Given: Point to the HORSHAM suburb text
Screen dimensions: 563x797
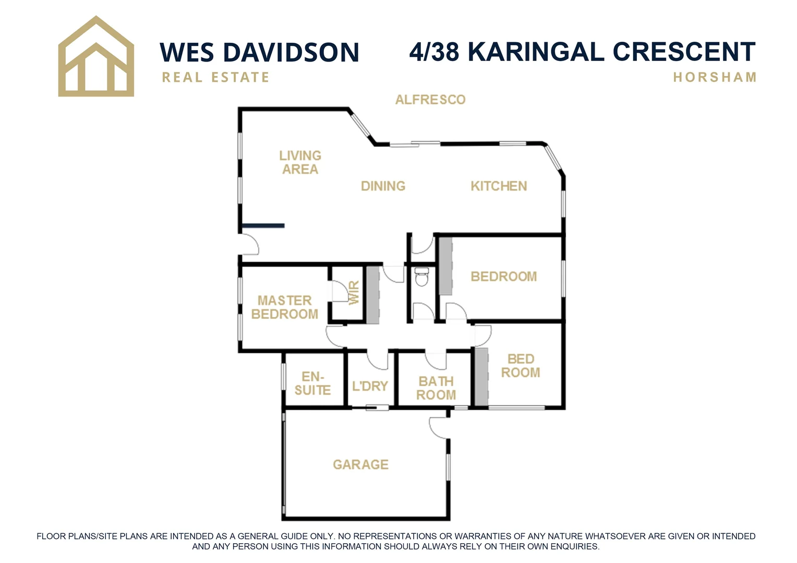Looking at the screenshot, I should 715,78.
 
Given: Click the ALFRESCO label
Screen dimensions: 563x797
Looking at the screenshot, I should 430,100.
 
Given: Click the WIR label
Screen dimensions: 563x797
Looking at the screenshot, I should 354,293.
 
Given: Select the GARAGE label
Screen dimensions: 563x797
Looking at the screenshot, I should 361,464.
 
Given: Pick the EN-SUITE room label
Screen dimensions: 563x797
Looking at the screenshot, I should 312,383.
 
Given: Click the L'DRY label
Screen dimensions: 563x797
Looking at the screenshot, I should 370,386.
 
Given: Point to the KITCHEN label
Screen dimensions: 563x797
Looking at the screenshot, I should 499,186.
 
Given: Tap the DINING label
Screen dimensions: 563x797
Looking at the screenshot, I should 383,186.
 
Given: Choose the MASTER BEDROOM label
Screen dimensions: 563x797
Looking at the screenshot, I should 284,307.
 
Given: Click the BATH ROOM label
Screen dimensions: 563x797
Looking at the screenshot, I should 436,388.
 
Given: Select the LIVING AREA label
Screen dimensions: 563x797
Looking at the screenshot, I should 300,162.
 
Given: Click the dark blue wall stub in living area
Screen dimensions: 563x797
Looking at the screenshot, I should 263,226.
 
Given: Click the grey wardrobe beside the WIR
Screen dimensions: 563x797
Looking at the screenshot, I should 372,295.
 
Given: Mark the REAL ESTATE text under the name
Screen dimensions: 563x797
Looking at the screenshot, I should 215,78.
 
